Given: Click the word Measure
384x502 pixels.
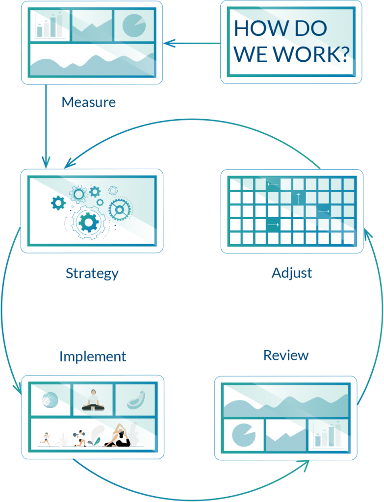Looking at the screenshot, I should pyautogui.click(x=89, y=102).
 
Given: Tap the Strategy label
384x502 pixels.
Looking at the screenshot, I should pyautogui.click(x=92, y=273).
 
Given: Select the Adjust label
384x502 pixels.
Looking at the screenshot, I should pyautogui.click(x=292, y=273).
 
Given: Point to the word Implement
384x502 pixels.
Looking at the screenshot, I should pyautogui.click(x=93, y=356).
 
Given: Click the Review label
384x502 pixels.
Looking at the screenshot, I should pyautogui.click(x=286, y=355).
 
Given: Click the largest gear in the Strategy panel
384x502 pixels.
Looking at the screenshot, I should pyautogui.click(x=88, y=223).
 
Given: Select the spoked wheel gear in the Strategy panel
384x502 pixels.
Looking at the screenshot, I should pyautogui.click(x=119, y=209).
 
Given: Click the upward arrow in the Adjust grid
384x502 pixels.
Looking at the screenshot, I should pyautogui.click(x=298, y=198).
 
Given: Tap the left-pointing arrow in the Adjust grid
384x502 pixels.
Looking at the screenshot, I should pyautogui.click(x=273, y=185).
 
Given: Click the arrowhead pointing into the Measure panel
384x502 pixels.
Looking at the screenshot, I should pyautogui.click(x=168, y=43).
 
